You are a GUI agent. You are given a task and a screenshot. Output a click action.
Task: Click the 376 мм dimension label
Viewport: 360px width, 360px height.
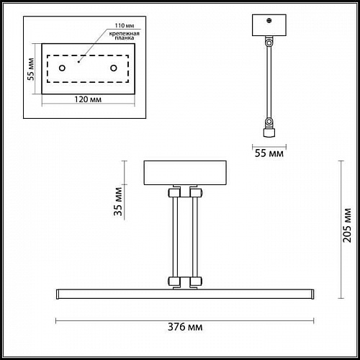tap(185, 327)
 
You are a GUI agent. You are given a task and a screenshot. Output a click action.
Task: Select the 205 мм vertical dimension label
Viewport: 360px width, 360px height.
tap(347, 225)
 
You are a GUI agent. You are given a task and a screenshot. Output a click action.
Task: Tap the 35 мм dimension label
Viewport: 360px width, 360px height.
tap(118, 202)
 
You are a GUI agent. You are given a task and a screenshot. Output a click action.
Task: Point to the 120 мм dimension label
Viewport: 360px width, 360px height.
tap(88, 99)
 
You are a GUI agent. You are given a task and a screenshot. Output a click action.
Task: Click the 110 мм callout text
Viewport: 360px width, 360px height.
tap(125, 25)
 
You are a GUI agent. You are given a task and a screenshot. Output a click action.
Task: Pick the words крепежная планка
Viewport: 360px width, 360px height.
tap(125, 35)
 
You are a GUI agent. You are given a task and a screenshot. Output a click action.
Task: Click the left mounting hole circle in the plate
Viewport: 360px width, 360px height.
tap(62, 68)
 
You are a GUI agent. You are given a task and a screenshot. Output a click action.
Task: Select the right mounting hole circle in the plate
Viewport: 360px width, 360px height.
tap(114, 68)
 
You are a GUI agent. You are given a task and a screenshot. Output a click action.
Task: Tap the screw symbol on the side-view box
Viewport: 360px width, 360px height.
tap(269, 21)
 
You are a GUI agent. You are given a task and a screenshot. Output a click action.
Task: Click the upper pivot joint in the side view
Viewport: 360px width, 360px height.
tap(269, 43)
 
